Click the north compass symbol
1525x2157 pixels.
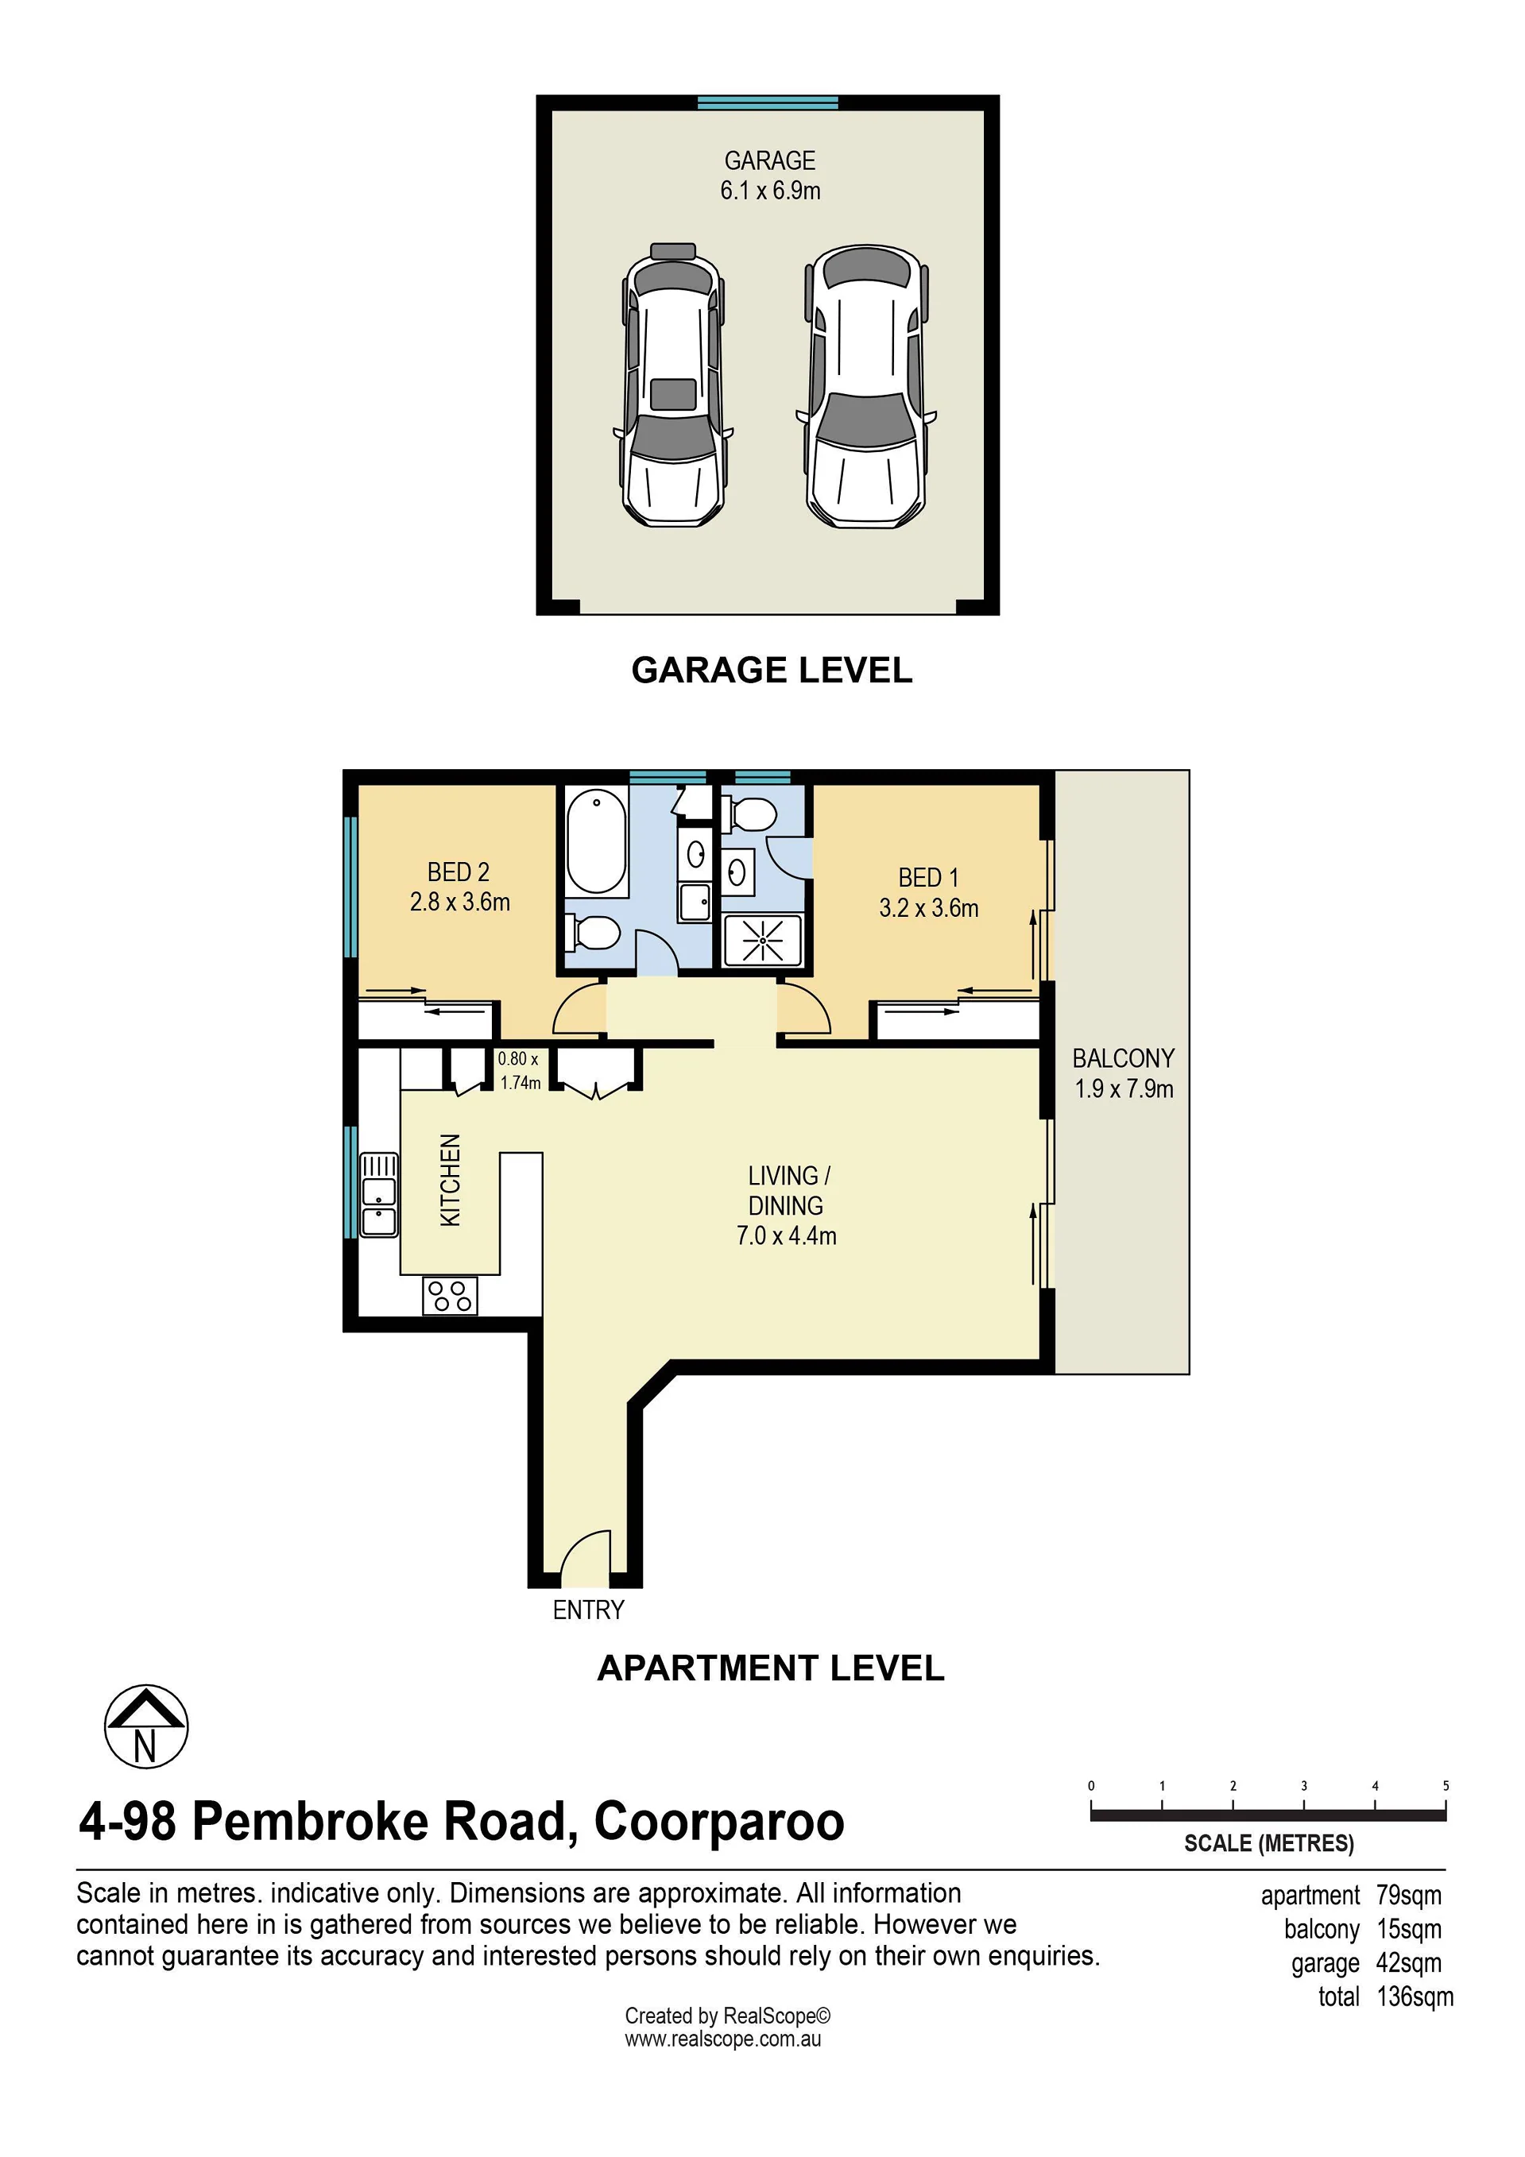pyautogui.click(x=145, y=1726)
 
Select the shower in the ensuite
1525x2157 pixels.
pyautogui.click(x=763, y=939)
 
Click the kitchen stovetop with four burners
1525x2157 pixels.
pyautogui.click(x=450, y=1297)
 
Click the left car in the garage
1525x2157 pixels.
pyautogui.click(x=673, y=385)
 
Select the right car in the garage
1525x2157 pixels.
pyautogui.click(x=866, y=386)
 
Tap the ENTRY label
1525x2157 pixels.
pyautogui.click(x=588, y=1610)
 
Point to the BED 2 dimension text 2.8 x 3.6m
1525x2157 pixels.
pyautogui.click(x=459, y=902)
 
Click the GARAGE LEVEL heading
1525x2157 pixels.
pyautogui.click(x=772, y=670)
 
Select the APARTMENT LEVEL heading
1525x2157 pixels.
pyautogui.click(x=771, y=1668)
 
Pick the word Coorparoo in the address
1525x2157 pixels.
pyautogui.click(x=719, y=1822)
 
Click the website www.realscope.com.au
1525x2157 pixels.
pyautogui.click(x=722, y=2039)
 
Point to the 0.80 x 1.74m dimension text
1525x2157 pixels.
pyautogui.click(x=519, y=1071)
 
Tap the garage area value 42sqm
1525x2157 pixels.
pyautogui.click(x=1408, y=1963)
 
